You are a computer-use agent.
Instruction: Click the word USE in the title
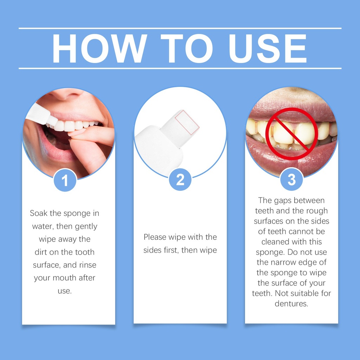pyautogui.click(x=268, y=49)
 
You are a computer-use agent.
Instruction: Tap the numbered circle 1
pyautogui.click(x=65, y=180)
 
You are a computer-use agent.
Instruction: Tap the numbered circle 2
pyautogui.click(x=180, y=180)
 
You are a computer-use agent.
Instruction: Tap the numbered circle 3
pyautogui.click(x=291, y=179)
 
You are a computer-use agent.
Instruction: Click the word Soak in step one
pyautogui.click(x=39, y=213)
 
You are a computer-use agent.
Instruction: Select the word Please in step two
pyautogui.click(x=155, y=237)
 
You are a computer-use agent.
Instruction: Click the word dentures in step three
pyautogui.click(x=291, y=303)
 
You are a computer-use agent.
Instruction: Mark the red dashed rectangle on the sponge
pyautogui.click(x=187, y=122)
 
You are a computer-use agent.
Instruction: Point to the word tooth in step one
pyautogui.click(x=85, y=252)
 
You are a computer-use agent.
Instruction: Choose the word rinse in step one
pyautogui.click(x=88, y=265)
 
